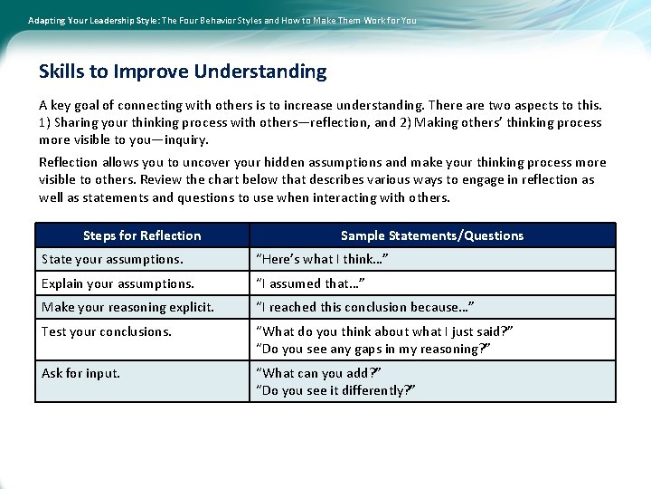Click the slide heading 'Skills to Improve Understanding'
[183, 72]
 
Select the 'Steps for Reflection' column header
[142, 235]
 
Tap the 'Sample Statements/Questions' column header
[432, 235]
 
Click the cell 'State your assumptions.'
[112, 260]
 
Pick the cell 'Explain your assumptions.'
[118, 283]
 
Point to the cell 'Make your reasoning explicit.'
[127, 307]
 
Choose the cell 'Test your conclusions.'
[107, 331]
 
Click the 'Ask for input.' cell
[80, 373]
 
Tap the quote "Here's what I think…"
[323, 260]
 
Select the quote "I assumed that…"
[311, 283]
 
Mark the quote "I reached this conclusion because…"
[365, 307]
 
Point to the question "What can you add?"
[318, 373]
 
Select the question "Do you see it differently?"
[335, 390]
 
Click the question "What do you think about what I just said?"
[384, 331]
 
